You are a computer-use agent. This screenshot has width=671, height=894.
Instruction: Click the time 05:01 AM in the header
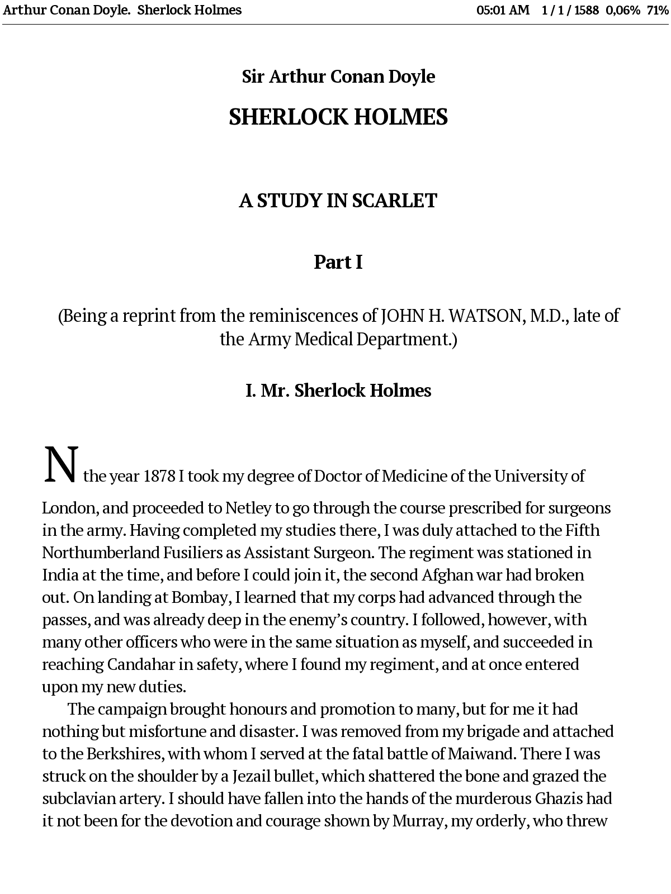coord(503,10)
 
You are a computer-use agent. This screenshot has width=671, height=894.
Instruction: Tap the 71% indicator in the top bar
coord(658,10)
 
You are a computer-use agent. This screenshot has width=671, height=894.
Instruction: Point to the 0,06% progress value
coord(622,10)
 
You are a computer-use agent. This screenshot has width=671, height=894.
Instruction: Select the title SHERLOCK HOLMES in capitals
coord(338,117)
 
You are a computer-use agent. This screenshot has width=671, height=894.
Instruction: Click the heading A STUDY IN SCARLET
coord(338,201)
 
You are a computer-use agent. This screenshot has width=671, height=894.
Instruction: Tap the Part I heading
coord(338,262)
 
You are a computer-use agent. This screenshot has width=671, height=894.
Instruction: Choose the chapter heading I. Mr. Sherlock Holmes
coord(338,390)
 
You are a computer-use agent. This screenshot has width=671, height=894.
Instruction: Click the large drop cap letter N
coord(60,465)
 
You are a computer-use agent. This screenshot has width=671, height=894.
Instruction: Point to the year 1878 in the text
coord(159,476)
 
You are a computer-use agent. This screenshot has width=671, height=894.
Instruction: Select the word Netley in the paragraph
coord(248,508)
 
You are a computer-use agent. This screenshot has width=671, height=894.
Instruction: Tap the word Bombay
coord(200,597)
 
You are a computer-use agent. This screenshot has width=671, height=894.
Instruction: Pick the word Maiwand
coord(481,754)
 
